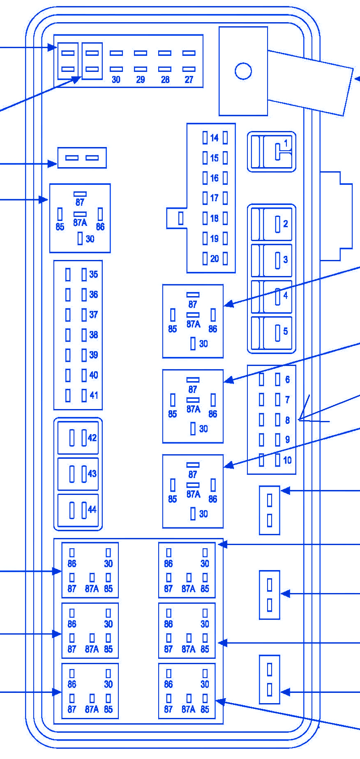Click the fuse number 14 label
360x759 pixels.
click(214, 138)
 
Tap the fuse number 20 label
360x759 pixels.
click(214, 259)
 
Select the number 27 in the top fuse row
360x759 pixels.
click(189, 80)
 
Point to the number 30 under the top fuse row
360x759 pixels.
click(116, 80)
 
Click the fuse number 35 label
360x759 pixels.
click(94, 274)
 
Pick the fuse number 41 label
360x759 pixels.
click(94, 395)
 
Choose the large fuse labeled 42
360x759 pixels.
click(78, 438)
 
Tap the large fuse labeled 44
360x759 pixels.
click(78, 510)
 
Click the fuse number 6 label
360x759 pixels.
click(287, 379)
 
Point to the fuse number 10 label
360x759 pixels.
click(287, 460)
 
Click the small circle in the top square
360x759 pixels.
click(243, 71)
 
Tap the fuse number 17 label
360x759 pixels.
click(214, 198)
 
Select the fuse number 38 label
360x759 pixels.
click(94, 335)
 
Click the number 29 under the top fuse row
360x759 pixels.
click(141, 80)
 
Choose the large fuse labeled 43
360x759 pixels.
click(78, 474)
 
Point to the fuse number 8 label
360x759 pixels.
click(287, 420)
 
